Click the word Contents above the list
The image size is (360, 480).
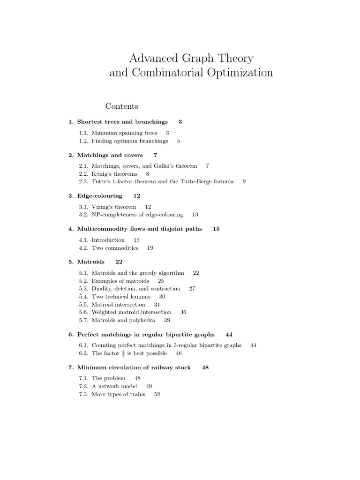tap(121, 106)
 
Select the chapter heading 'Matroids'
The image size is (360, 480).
tap(91, 262)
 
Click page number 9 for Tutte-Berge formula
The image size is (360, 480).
tap(244, 181)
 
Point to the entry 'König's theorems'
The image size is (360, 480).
tap(114, 173)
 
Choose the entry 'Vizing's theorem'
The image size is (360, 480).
tap(114, 207)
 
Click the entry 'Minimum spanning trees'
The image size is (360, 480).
tap(124, 133)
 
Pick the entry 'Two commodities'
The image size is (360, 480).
tap(115, 247)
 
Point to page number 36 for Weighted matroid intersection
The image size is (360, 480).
tap(183, 312)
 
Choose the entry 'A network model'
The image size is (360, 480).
tap(114, 386)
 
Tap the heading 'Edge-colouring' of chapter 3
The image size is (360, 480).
tap(99, 195)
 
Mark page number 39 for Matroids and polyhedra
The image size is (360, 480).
tap(167, 320)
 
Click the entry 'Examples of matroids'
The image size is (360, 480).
tap(120, 281)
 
